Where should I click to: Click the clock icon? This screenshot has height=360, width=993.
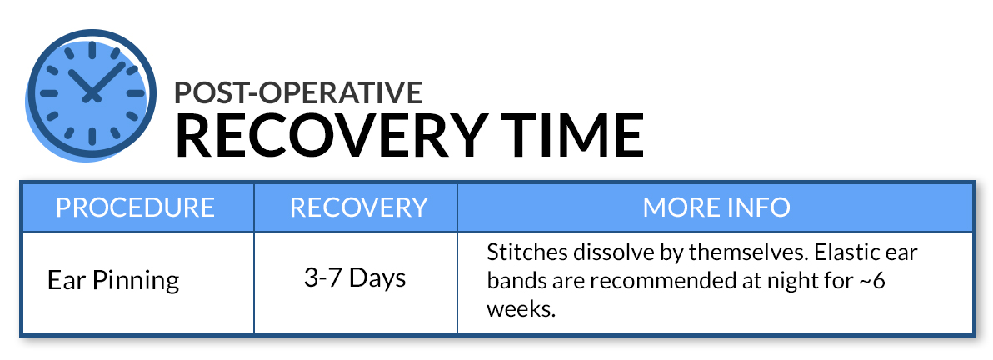[x=91, y=94]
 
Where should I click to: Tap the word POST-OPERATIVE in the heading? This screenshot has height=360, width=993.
[x=298, y=92]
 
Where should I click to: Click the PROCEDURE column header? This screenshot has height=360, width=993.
[x=136, y=207]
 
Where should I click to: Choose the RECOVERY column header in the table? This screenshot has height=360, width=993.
[x=358, y=207]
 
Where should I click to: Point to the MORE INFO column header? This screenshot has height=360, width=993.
[x=716, y=207]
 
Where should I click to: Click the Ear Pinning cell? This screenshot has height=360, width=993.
[x=113, y=280]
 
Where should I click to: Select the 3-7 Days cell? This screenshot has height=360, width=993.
[x=355, y=278]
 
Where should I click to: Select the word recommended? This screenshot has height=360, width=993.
[x=657, y=281]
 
